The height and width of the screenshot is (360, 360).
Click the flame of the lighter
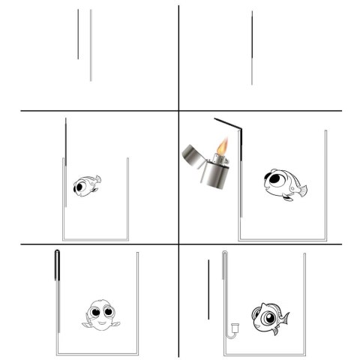click(x=222, y=145)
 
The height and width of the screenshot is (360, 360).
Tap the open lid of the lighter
click(x=192, y=155)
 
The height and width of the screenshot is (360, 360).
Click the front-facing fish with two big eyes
click(x=100, y=314)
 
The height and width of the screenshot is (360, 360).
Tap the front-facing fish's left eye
click(x=95, y=310)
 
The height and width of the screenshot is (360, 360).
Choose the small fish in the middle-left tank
click(x=86, y=185)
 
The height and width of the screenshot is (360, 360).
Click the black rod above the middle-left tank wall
click(x=66, y=139)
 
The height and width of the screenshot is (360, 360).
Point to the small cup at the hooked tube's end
click(x=234, y=327)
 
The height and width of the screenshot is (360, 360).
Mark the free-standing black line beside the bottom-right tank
click(x=208, y=289)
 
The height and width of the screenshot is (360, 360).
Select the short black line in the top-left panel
click(x=78, y=34)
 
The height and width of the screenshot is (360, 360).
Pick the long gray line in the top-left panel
click(x=91, y=45)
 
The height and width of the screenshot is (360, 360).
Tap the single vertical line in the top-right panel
click(x=252, y=46)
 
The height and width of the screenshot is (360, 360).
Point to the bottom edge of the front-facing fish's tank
click(x=98, y=354)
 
